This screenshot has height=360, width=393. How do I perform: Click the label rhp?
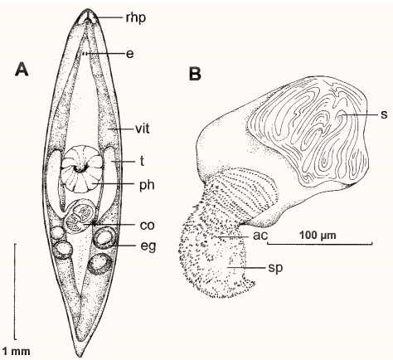135,18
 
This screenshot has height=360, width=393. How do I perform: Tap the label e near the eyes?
129,54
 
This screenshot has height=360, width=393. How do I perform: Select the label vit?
143,129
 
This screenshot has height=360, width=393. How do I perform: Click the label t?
142,161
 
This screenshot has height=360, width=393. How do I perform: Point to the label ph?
147,185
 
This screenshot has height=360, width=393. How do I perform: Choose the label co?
147,226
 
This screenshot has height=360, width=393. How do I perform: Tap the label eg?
148,246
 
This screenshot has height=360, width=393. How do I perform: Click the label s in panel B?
384,114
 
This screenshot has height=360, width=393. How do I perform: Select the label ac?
260,236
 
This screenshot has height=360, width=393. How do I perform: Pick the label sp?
275,268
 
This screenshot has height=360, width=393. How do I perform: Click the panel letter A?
22,69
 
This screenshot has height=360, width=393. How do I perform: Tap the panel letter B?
195,74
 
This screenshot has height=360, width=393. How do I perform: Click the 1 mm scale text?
17,352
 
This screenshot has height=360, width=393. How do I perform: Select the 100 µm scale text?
318,236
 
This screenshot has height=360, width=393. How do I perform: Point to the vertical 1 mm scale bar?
15,292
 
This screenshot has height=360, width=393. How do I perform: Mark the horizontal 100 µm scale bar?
320,244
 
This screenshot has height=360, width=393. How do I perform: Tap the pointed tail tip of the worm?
82,356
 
